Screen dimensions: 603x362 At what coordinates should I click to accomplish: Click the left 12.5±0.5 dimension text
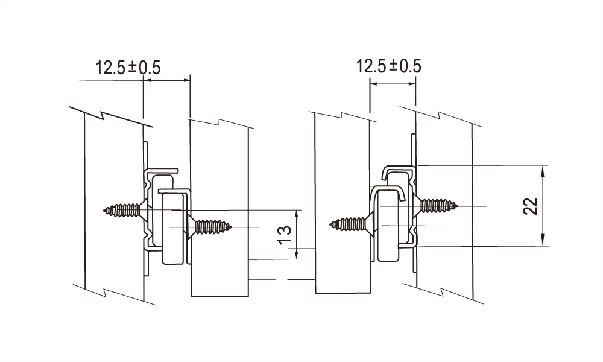point(128,68)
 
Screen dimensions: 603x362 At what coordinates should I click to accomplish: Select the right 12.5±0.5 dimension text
point(389,66)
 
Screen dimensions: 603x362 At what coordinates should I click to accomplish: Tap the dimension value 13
point(285,235)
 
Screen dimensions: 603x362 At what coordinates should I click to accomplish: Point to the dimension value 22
point(531,206)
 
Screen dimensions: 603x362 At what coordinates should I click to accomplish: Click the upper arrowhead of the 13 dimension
point(297,214)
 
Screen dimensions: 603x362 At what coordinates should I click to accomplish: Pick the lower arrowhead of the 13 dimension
point(297,255)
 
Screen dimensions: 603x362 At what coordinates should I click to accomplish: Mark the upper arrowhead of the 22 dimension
point(543,170)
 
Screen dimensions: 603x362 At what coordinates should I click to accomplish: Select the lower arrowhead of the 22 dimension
point(543,241)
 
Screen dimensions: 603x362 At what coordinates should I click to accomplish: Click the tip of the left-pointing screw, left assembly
point(104,210)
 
